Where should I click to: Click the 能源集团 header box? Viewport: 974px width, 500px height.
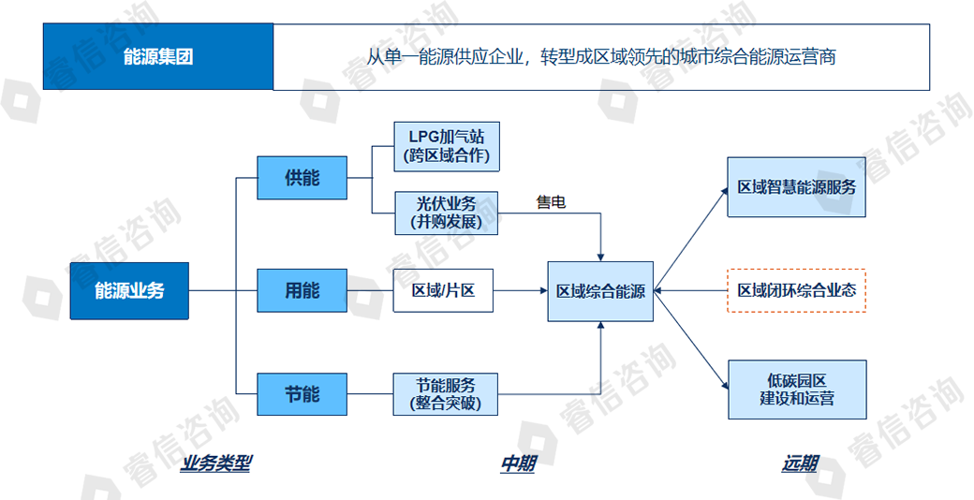coord(158,57)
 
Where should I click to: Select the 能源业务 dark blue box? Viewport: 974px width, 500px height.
coord(129,291)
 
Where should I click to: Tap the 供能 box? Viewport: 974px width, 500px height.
coord(302,177)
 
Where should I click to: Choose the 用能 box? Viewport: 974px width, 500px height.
coord(302,291)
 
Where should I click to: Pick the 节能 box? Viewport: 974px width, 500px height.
coord(302,394)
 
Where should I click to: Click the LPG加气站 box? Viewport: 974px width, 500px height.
coord(445,145)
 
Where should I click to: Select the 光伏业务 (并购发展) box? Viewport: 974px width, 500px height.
coord(445,213)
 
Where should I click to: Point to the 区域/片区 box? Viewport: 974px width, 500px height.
coord(443,291)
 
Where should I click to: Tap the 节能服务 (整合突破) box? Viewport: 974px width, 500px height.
coord(445,394)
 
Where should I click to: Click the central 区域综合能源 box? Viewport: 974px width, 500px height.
coord(600,291)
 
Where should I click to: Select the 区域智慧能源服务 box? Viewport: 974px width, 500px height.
coord(797,187)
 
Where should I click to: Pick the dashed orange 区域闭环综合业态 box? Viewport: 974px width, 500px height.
coord(797,291)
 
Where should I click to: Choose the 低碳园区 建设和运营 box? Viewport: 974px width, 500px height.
coord(797,390)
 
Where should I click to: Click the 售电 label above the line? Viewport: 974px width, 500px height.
coord(551,201)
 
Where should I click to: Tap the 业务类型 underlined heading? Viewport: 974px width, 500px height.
coord(216,463)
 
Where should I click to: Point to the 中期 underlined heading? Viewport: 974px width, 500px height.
coord(517,463)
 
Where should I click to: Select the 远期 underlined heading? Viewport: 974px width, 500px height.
coord(800,463)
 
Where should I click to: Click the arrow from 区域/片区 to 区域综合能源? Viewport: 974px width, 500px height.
coord(520,291)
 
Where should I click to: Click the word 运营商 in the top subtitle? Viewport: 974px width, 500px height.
coord(811,57)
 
